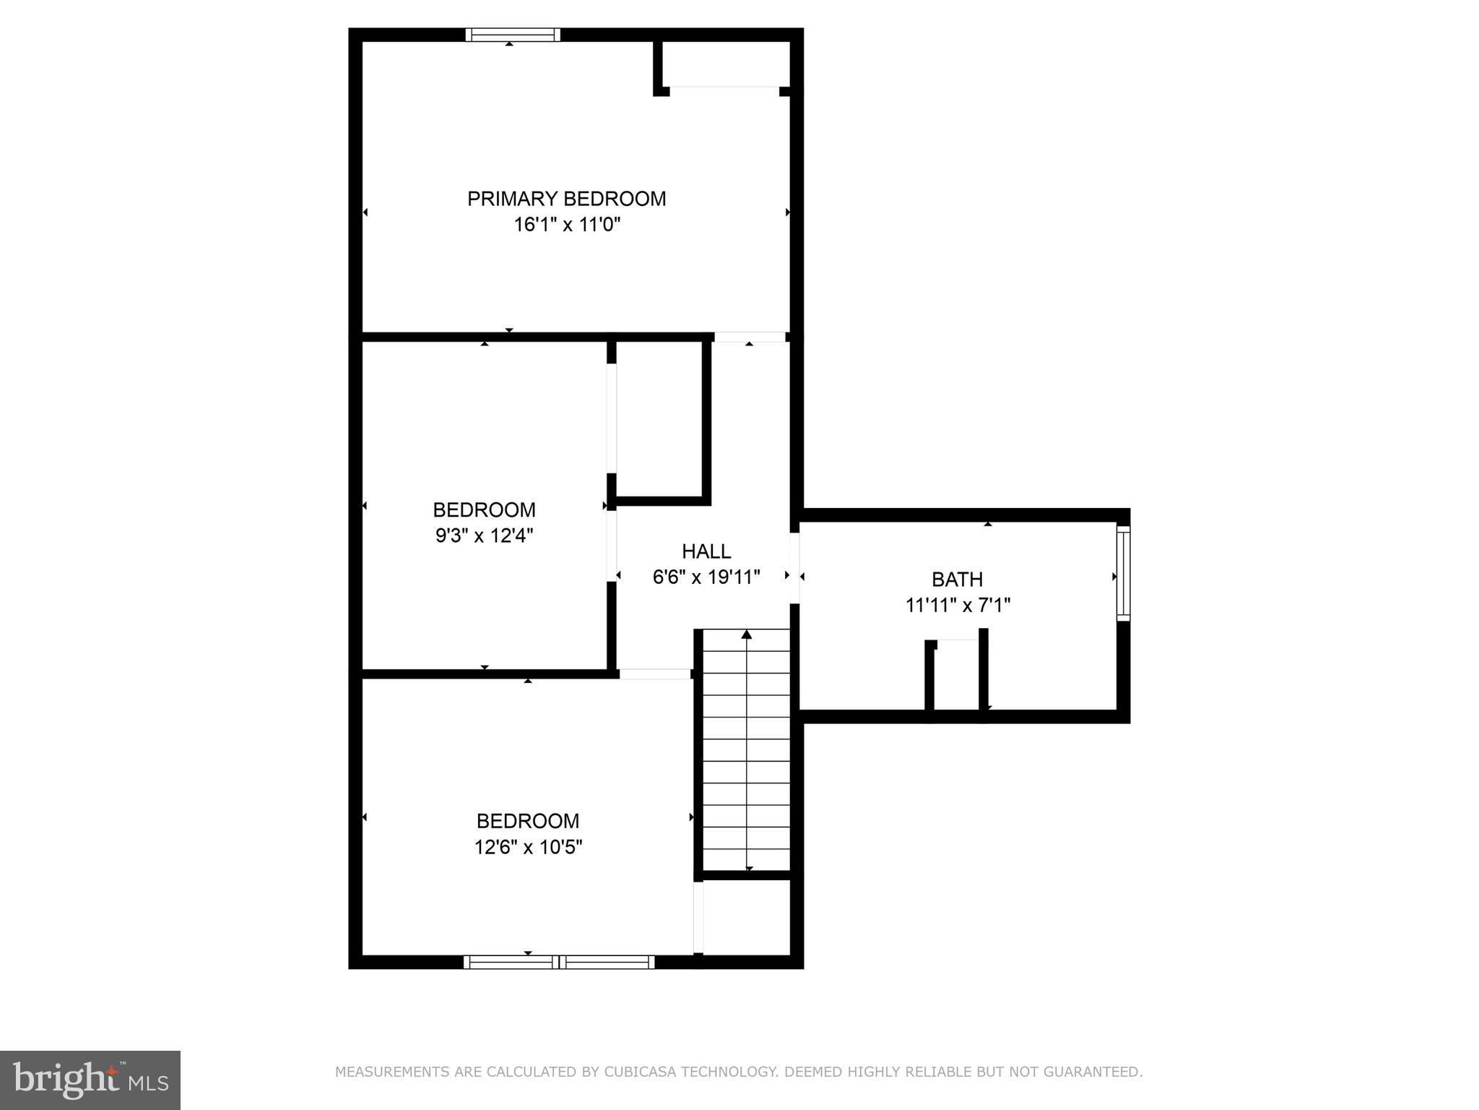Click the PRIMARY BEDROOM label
[x=566, y=199]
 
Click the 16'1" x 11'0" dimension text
[x=566, y=225]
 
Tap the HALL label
[x=706, y=551]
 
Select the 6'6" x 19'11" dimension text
[x=706, y=577]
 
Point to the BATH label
[x=957, y=580]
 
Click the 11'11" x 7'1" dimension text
[x=957, y=606]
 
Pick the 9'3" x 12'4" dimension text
[x=484, y=536]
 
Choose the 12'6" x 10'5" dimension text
[x=528, y=847]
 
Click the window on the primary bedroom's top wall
[x=512, y=35]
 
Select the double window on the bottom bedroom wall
[x=559, y=962]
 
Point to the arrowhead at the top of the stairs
[x=747, y=634]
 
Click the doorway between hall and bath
[x=794, y=569]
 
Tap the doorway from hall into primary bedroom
[x=750, y=337]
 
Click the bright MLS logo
[x=90, y=1080]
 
